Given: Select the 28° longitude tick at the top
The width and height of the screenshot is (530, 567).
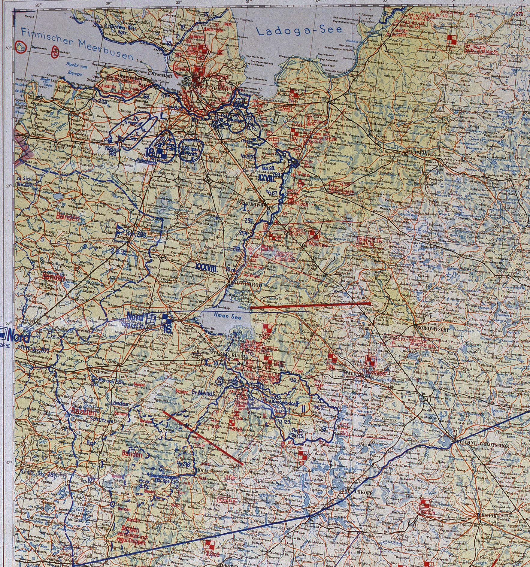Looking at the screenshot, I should [x=38, y=5].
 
